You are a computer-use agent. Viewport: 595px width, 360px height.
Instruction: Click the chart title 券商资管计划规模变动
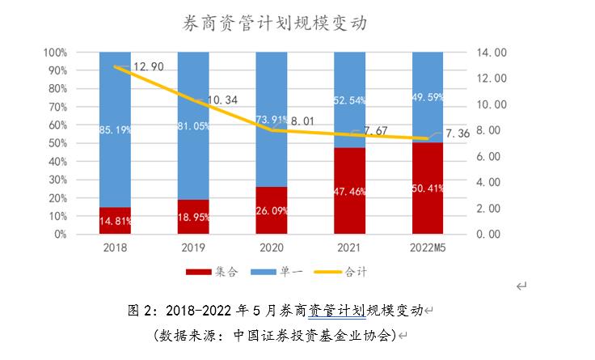[x=276, y=23]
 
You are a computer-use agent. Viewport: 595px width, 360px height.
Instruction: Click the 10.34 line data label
[x=222, y=100]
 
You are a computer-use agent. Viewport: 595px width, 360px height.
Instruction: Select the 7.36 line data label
[x=458, y=133]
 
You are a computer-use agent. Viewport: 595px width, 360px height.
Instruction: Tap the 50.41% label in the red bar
[x=428, y=190]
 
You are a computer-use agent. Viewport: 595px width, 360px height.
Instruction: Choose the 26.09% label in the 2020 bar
[x=271, y=209]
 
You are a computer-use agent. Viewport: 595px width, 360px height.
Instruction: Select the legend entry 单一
[x=280, y=272]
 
